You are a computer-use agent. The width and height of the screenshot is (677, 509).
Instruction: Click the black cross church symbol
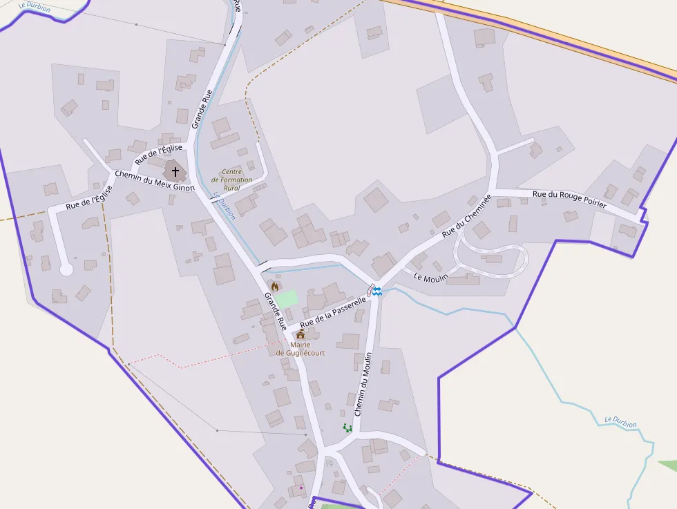(175, 171)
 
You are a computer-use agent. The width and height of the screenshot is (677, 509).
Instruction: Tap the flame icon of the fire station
(275, 286)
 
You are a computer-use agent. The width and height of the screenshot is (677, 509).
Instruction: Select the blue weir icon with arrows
(377, 291)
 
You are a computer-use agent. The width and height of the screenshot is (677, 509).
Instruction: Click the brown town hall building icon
(301, 334)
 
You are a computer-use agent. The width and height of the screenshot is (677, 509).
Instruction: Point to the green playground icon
(347, 428)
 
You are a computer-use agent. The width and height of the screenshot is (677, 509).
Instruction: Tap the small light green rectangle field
(286, 299)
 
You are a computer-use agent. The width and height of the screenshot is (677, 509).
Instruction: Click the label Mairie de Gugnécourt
(301, 348)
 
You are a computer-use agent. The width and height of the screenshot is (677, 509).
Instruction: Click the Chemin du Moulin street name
(363, 384)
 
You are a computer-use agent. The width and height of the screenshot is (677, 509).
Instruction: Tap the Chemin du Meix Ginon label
(155, 181)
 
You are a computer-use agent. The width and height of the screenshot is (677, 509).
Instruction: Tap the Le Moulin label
(431, 277)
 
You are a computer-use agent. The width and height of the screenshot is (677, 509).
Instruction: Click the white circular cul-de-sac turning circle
(66, 269)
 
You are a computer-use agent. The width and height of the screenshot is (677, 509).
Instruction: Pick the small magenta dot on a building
(301, 488)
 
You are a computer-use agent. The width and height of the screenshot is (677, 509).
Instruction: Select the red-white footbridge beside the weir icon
(371, 289)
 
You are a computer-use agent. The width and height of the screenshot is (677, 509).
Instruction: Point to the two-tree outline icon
(329, 463)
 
